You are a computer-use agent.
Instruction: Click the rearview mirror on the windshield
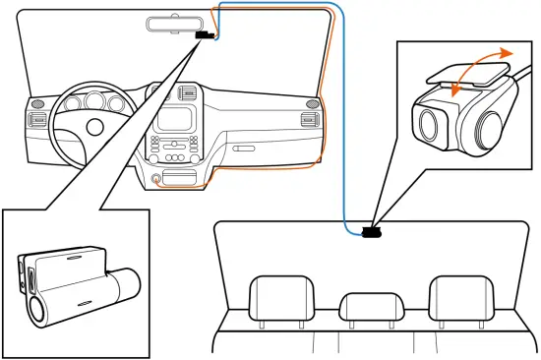click(x=178, y=24)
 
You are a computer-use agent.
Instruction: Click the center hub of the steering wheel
click(x=95, y=127)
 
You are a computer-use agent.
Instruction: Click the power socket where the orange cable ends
click(x=156, y=180)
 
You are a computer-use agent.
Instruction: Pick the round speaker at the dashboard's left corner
click(x=36, y=103)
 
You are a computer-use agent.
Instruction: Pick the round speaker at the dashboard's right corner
click(x=313, y=101)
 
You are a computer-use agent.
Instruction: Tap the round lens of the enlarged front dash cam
click(x=38, y=310)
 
